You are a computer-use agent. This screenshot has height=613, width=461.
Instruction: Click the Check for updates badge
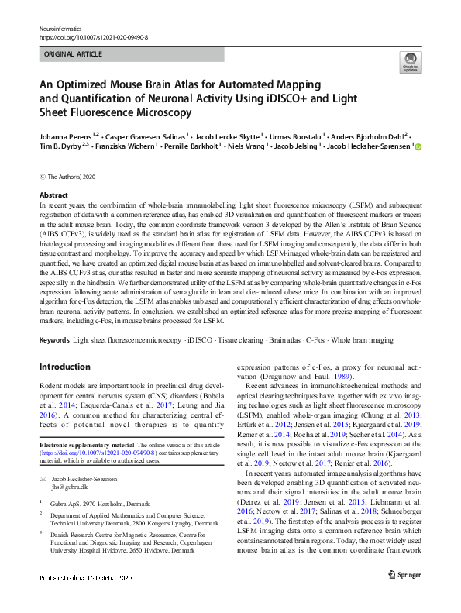(409, 62)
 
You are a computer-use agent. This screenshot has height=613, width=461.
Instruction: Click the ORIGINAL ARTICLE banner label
(72, 55)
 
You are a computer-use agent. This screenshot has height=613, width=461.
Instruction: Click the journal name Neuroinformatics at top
(62, 28)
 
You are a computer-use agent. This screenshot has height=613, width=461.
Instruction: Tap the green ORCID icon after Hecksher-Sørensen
(418, 146)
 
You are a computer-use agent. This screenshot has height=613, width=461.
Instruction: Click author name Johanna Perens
(65, 133)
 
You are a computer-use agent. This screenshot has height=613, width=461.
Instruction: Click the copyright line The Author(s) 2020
(73, 176)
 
